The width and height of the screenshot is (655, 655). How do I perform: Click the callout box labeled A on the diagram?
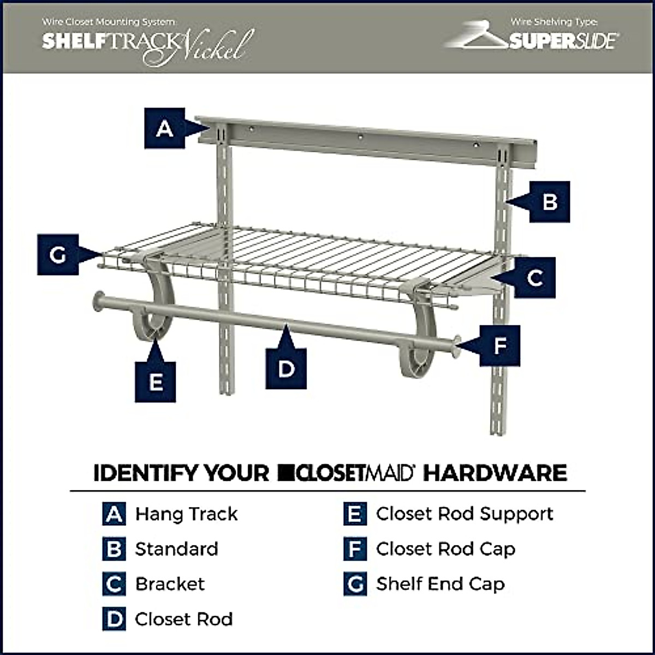pos(164,129)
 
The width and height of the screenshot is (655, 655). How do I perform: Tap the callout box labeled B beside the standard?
pos(550,202)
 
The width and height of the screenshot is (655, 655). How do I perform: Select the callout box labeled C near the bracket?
pos(535,277)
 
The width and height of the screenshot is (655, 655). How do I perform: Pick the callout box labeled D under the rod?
pos(286,369)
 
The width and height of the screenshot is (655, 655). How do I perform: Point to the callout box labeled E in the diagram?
pos(156,382)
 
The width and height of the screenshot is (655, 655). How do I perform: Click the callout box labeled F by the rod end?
pos(500,346)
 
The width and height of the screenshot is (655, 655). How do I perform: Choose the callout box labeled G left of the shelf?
pos(58,254)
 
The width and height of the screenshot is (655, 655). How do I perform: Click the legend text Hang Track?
pos(186,514)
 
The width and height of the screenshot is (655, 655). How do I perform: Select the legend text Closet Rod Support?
pos(465,514)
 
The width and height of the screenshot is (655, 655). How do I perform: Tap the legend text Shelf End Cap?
pos(440,584)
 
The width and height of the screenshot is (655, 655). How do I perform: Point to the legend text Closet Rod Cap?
pos(445,549)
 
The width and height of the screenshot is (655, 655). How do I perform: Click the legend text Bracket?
pos(170,584)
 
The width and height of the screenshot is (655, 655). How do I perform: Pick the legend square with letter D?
pos(114,619)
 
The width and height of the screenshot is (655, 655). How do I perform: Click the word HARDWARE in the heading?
pos(495,473)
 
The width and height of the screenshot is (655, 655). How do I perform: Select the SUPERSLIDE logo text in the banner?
pos(564,41)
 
